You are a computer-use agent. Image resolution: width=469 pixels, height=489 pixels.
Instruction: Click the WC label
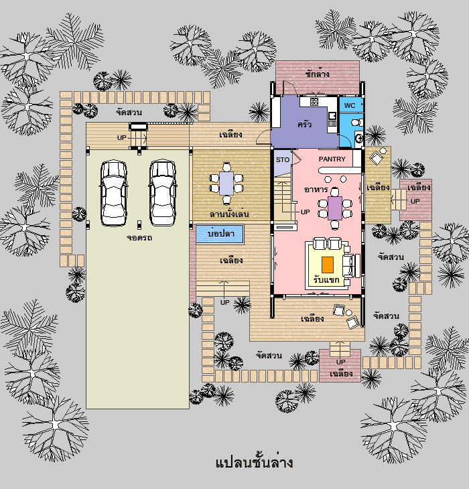(x=350, y=105)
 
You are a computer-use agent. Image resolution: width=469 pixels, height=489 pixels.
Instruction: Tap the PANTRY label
(x=332, y=159)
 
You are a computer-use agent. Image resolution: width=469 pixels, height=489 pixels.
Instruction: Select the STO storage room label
(x=283, y=159)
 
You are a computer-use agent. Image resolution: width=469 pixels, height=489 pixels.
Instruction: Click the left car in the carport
(x=113, y=193)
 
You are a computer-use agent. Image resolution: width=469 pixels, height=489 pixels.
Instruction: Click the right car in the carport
(x=162, y=192)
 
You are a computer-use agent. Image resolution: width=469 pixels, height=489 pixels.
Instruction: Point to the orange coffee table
(x=328, y=265)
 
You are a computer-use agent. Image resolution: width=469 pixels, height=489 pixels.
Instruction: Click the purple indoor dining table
(x=335, y=208)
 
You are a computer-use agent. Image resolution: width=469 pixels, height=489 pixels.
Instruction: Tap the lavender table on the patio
(x=226, y=184)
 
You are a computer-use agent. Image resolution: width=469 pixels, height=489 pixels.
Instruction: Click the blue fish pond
(x=220, y=234)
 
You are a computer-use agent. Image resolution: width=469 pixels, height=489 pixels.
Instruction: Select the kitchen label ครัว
(x=304, y=125)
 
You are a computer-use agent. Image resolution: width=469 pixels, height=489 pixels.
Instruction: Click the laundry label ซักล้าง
(x=317, y=74)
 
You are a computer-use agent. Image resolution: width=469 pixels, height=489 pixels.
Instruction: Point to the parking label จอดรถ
(x=139, y=238)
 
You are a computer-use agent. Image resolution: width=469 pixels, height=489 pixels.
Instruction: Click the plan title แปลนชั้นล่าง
(x=254, y=462)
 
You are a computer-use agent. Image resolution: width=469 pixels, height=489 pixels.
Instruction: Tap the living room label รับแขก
(x=326, y=280)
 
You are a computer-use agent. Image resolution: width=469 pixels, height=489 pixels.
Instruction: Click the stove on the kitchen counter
(x=314, y=101)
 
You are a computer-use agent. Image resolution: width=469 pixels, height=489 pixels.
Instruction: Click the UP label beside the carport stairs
(x=122, y=137)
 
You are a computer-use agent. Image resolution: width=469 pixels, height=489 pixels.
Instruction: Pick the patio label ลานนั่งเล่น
(x=229, y=214)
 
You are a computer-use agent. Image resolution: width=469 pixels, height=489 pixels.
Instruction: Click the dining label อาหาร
(x=316, y=190)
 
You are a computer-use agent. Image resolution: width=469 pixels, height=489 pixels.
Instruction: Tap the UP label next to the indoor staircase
(x=305, y=212)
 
